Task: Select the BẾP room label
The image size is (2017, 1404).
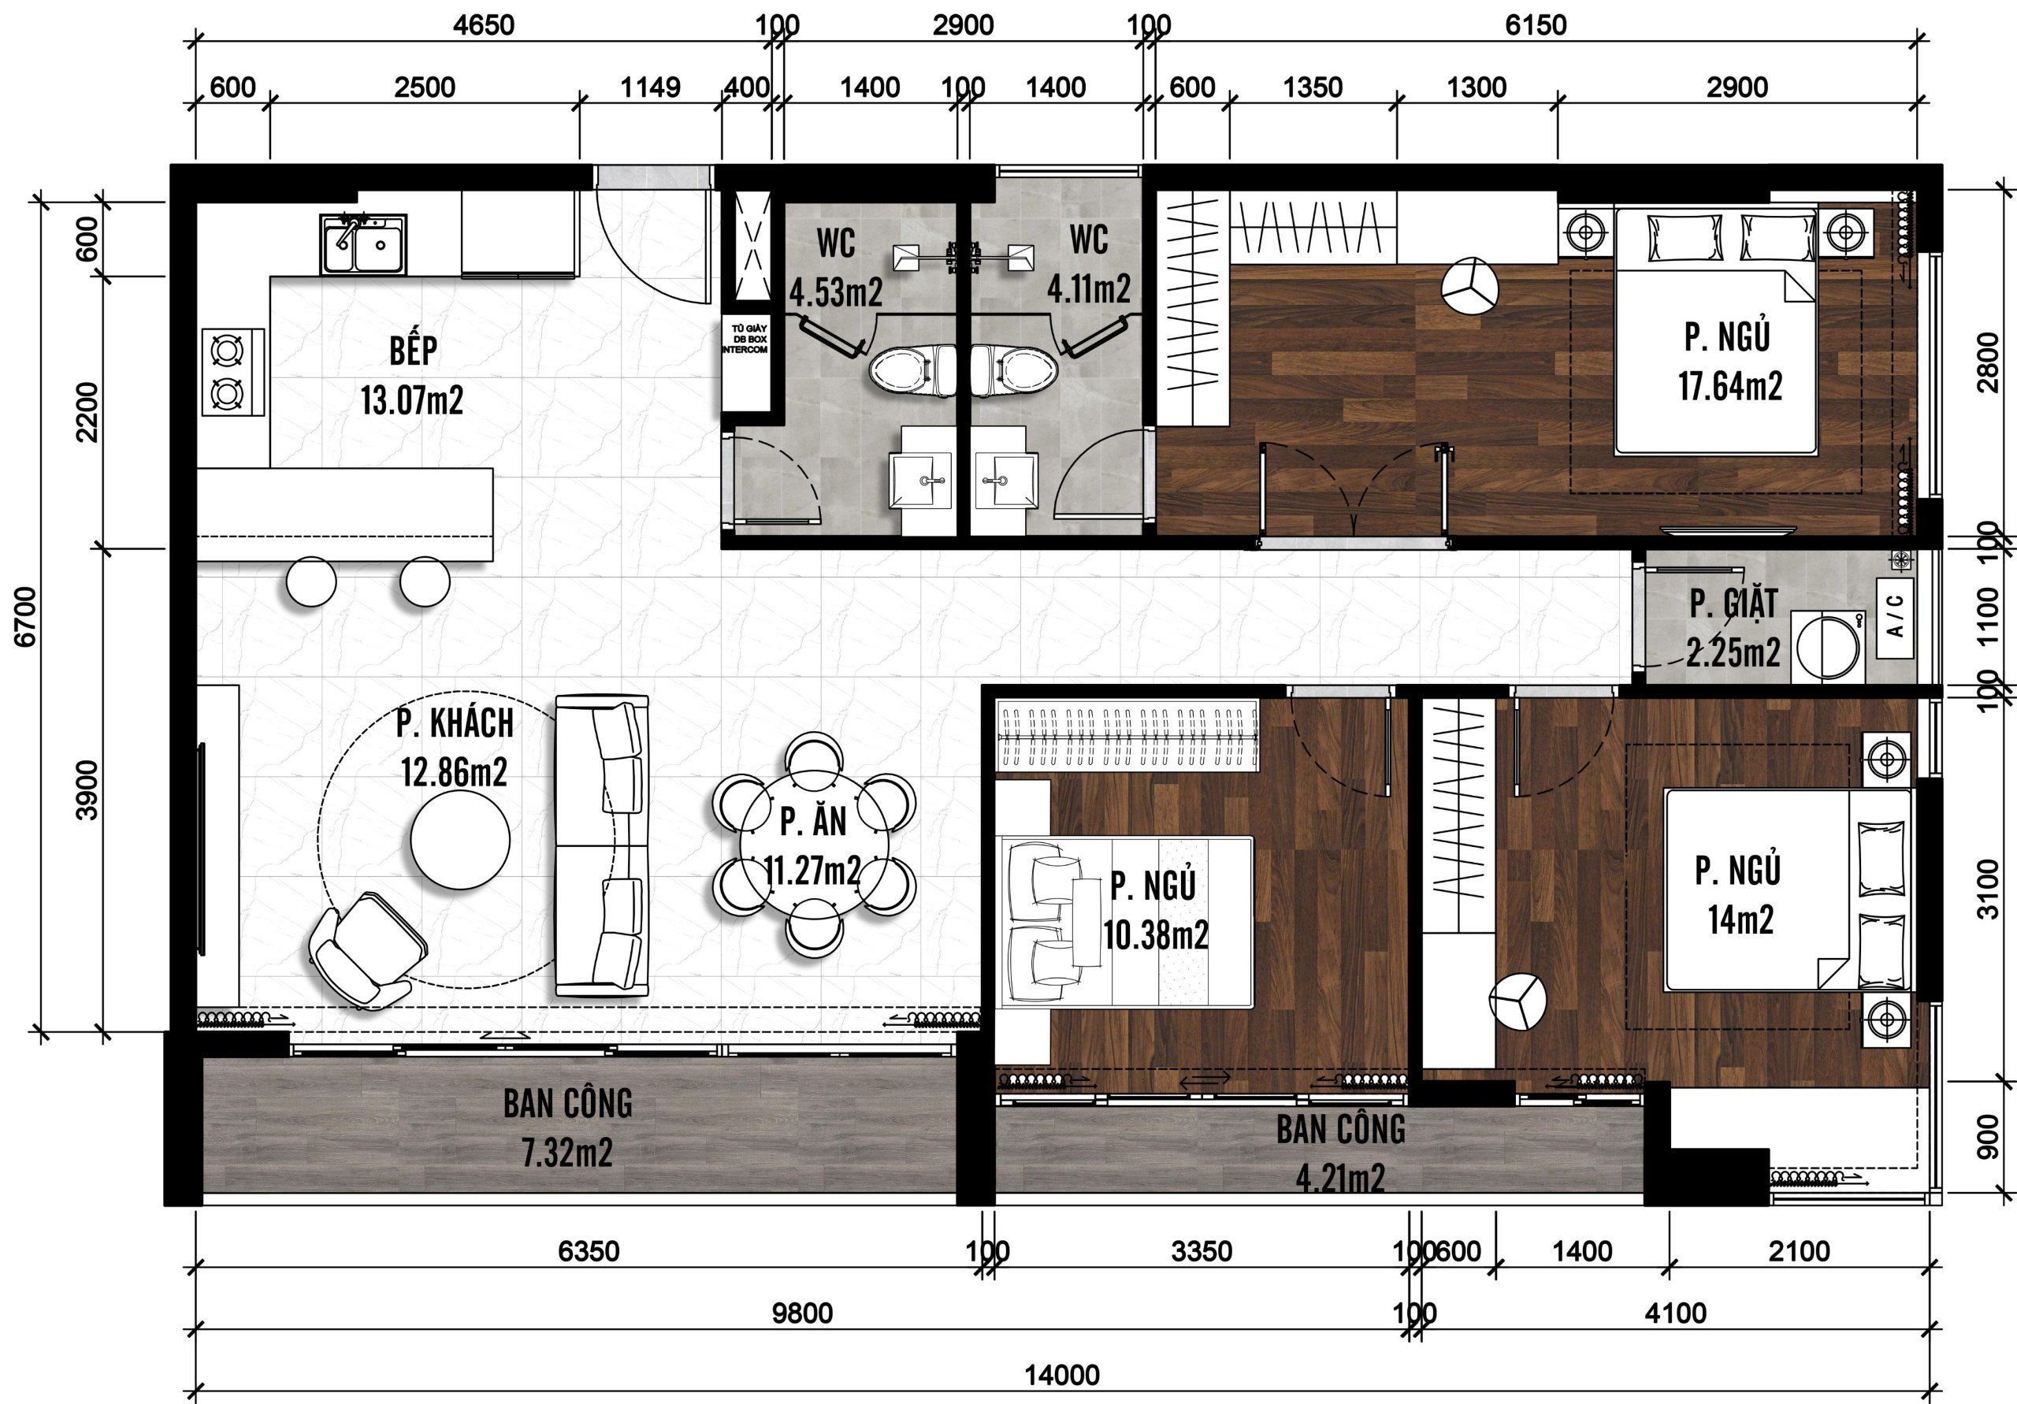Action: [x=413, y=351]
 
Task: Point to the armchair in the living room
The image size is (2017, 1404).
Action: [x=368, y=951]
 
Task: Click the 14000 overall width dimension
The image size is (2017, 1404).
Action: [x=1062, y=1374]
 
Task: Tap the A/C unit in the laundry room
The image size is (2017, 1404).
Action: [x=1895, y=617]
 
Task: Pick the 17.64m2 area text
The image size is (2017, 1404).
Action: [x=1731, y=386]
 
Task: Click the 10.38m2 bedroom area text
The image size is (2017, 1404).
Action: [x=1155, y=936]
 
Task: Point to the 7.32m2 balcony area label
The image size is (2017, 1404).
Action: [x=567, y=1153]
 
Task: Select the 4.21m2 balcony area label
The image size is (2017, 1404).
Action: [x=1340, y=1178]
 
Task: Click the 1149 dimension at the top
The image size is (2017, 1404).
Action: [x=650, y=88]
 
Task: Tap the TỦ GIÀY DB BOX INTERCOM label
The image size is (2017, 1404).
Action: [x=746, y=339]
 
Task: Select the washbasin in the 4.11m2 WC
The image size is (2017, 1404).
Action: [x=1005, y=480]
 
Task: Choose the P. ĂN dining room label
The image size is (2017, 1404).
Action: [x=813, y=821]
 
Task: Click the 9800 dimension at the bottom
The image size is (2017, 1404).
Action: [x=802, y=1313]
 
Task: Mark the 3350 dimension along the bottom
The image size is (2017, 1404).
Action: [x=1202, y=1251]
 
